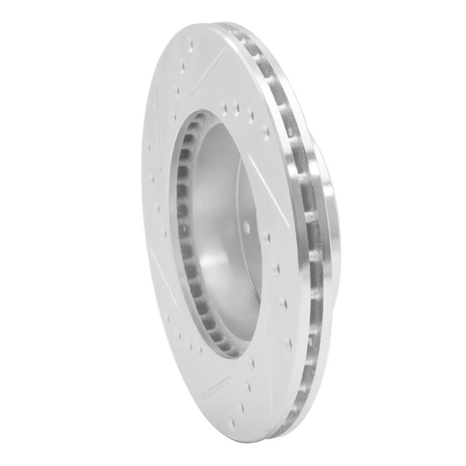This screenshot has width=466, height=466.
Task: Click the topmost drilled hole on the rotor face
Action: [x=190, y=42]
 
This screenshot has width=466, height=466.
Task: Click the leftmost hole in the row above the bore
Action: [x=225, y=107]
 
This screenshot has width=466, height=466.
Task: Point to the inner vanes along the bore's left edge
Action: [x=183, y=233]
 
